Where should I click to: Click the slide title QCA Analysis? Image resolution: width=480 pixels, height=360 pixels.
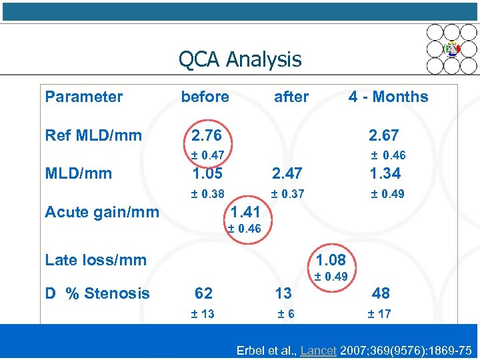239,59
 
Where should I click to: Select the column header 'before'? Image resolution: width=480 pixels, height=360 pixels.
205,97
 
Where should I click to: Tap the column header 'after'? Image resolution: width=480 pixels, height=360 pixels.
291,97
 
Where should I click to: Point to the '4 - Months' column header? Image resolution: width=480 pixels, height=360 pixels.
388,97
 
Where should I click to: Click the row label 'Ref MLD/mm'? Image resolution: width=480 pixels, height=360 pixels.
93,135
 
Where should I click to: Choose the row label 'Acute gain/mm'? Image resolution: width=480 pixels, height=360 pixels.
102,212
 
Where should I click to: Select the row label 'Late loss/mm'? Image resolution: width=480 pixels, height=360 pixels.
95,260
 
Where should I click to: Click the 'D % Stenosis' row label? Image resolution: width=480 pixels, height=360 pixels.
97,293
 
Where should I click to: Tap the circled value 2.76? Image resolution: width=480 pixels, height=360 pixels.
207,135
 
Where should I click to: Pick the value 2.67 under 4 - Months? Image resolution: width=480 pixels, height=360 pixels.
384,135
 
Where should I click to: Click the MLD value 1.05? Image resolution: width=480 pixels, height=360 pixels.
207,173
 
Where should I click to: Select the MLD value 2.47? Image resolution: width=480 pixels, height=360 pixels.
287,173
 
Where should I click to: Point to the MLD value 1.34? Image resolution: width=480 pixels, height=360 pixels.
386,173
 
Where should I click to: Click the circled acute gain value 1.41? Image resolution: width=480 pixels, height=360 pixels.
245,213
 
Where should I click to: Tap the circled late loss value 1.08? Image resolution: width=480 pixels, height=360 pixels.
331,259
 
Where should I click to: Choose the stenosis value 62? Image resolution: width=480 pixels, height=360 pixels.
204,293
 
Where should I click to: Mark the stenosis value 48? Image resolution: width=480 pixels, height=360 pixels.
381,293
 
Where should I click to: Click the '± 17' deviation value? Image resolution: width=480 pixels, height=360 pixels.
379,314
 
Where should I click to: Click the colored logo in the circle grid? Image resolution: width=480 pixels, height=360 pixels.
452,49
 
